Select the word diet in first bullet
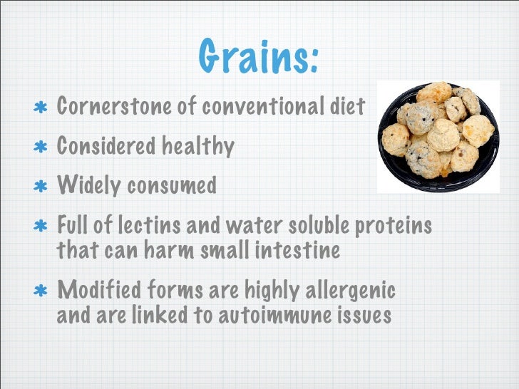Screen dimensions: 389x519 349,107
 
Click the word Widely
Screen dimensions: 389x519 88,186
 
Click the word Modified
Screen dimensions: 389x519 99,291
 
